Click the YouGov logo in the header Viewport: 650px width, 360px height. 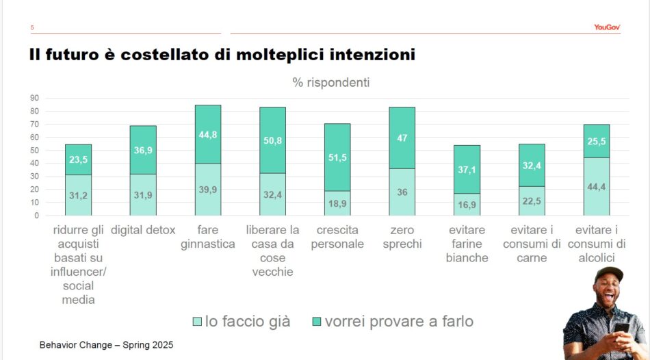pyautogui.click(x=606, y=27)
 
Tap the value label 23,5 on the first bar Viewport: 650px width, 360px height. pyautogui.click(x=79, y=159)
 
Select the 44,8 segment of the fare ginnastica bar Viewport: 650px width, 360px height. pyautogui.click(x=208, y=134)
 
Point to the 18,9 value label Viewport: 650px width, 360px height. pyautogui.click(x=337, y=203)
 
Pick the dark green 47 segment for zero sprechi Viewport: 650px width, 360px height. pyautogui.click(x=402, y=138)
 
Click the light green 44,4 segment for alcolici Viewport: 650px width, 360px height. pyautogui.click(x=597, y=186)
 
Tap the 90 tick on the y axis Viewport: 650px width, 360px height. pyautogui.click(x=34, y=98)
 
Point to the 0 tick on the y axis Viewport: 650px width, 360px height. pyautogui.click(x=36, y=216)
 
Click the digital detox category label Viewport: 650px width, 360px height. pyautogui.click(x=143, y=230)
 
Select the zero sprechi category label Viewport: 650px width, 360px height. pyautogui.click(x=402, y=237)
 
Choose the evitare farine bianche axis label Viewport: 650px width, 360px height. pyautogui.click(x=467, y=244)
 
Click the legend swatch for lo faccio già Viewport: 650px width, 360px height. pyautogui.click(x=197, y=322)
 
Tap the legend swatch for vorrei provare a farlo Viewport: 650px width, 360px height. pyautogui.click(x=316, y=322)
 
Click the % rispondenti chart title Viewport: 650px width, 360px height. pyautogui.click(x=331, y=82)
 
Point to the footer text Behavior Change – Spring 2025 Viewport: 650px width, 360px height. pyautogui.click(x=106, y=345)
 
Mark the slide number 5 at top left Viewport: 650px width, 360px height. pyautogui.click(x=32, y=28)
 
